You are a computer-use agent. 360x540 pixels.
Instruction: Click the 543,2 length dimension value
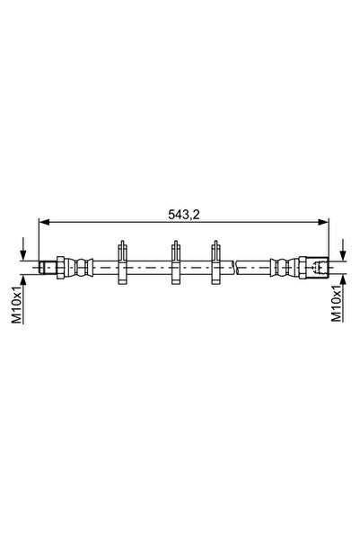tap(184, 215)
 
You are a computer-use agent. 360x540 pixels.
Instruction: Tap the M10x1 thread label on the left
tap(17, 306)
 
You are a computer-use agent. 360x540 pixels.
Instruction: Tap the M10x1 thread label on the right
tap(337, 304)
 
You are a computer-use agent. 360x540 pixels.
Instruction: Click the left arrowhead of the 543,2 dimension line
tap(44, 222)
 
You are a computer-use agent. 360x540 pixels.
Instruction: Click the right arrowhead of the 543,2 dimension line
tap(323, 222)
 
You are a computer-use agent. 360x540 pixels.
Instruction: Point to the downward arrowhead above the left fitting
tap(23, 255)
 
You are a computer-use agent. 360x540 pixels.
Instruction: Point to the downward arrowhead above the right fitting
tap(342, 255)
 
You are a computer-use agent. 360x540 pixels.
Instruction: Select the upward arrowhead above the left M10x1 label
tap(23, 280)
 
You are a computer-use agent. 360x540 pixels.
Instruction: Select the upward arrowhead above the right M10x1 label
tap(342, 280)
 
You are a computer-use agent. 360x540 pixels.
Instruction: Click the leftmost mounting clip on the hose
tap(122, 262)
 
